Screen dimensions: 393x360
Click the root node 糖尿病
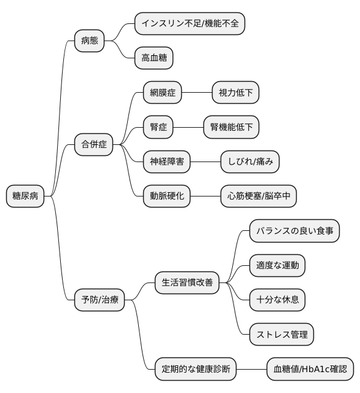(25, 196)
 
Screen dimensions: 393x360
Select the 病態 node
(89, 42)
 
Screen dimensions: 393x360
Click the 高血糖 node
(154, 59)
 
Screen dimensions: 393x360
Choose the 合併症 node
(94, 145)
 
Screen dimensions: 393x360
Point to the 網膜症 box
(163, 93)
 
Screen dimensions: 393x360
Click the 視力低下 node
(235, 93)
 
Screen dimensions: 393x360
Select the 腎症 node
(158, 128)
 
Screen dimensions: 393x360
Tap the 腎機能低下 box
(231, 128)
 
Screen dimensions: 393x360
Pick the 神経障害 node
(167, 162)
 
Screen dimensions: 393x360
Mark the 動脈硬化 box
(167, 196)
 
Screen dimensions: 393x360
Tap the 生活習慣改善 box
(187, 283)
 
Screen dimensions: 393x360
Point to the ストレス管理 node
(282, 335)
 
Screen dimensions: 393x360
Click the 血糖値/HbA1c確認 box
(310, 369)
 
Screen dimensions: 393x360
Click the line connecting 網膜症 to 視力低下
(197, 93)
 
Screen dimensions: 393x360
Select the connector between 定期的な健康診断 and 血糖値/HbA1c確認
(251, 369)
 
